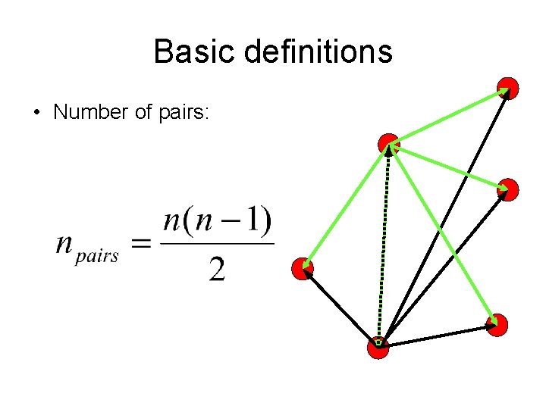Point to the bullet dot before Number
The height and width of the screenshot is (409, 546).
(36, 114)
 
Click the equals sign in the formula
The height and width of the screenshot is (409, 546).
(141, 244)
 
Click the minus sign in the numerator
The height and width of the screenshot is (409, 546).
(233, 222)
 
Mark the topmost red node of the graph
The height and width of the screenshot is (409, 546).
(508, 89)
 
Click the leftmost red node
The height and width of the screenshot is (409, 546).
(303, 268)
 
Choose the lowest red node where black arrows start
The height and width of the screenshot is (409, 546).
(378, 346)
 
